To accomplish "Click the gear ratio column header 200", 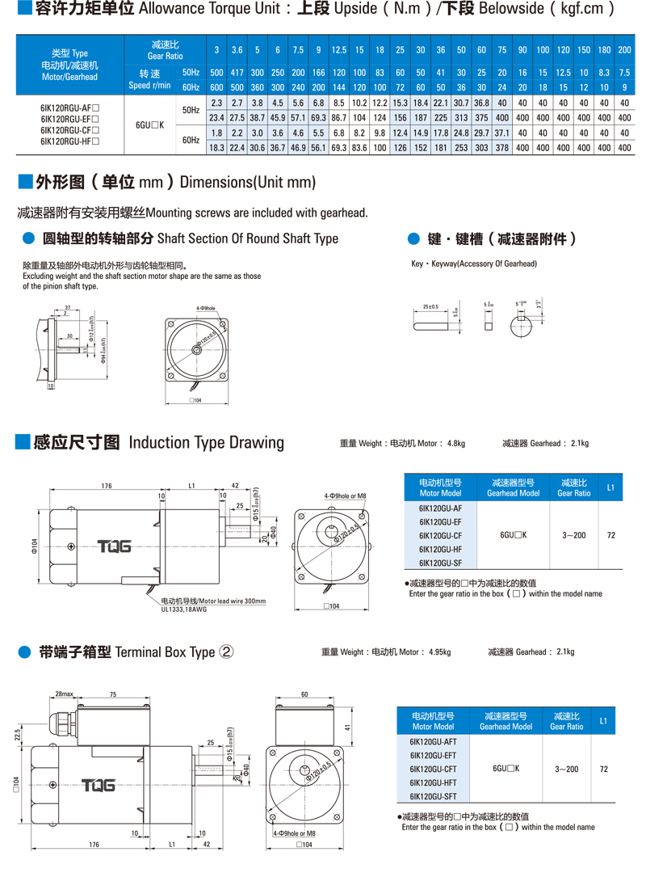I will (x=624, y=50).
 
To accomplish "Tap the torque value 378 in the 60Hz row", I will (x=501, y=148).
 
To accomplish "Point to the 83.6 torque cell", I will (x=359, y=148).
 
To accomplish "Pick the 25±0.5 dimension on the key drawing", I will (x=430, y=307).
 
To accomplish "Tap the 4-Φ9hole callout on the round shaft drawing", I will (x=205, y=309).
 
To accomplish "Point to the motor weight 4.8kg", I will (x=455, y=443).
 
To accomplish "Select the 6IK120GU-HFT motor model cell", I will (x=434, y=782).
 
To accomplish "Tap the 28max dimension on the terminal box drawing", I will (x=65, y=694).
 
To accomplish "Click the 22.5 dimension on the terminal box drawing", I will (x=17, y=733).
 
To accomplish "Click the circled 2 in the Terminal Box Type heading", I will (x=226, y=652).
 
